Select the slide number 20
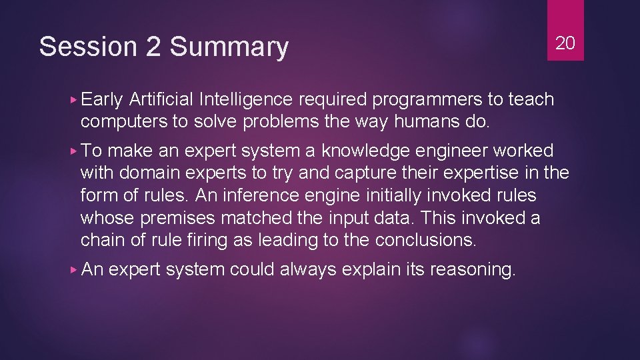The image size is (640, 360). [x=565, y=43]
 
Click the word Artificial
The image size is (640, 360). [x=162, y=99]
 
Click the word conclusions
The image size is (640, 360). [x=426, y=241]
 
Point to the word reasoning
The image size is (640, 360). [x=473, y=270]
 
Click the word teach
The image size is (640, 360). [x=531, y=99]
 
